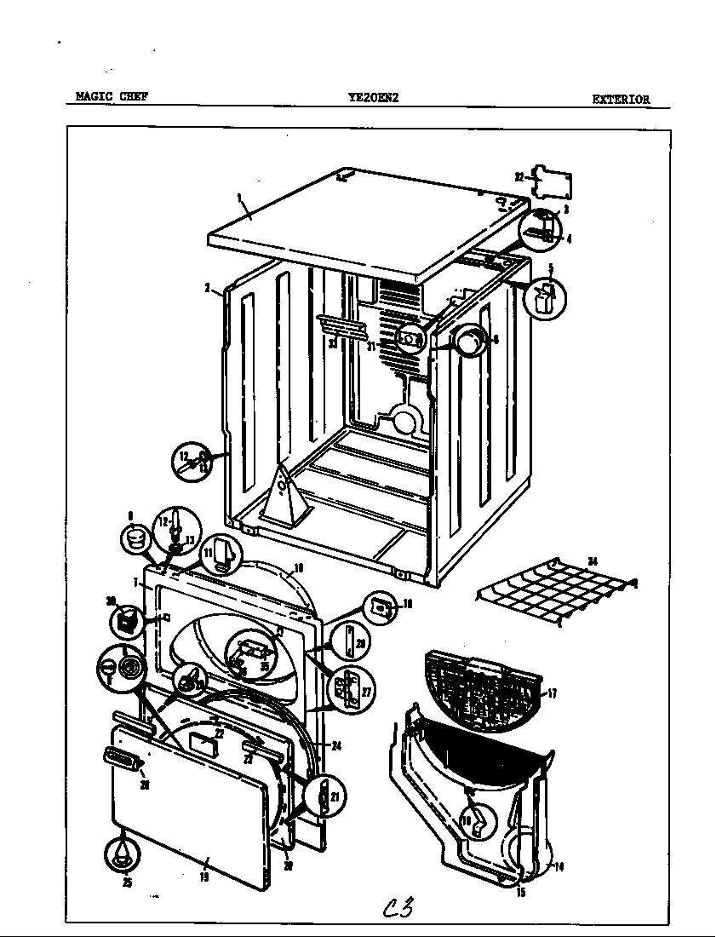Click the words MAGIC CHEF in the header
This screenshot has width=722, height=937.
[x=112, y=97]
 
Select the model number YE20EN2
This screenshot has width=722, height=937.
[x=373, y=97]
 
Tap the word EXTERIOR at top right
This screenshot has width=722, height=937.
[x=621, y=99]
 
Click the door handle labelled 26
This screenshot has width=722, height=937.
[x=123, y=758]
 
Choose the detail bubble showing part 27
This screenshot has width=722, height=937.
[x=346, y=690]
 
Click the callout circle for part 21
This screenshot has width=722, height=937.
[x=324, y=797]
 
